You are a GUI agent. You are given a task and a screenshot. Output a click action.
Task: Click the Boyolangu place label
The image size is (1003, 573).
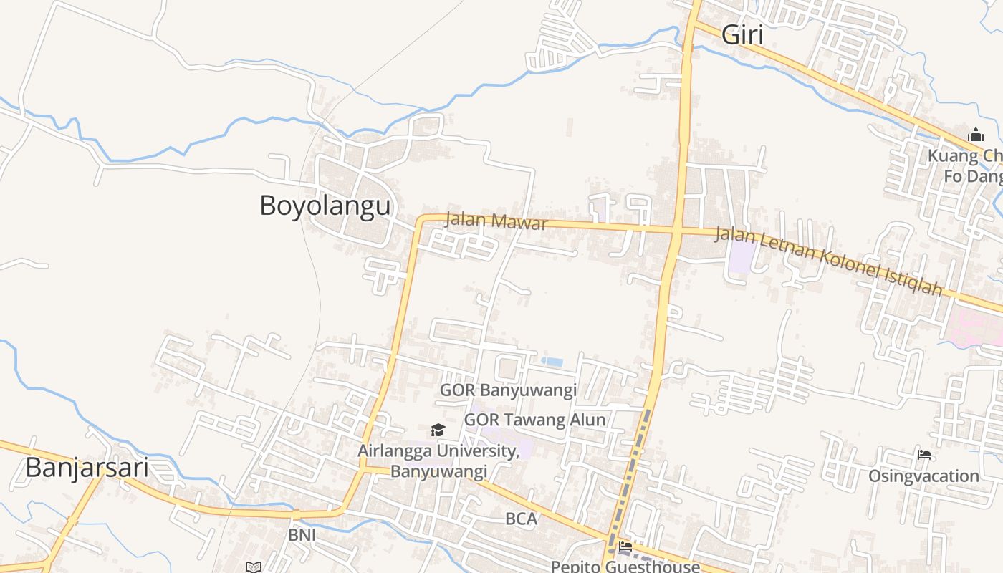click(325, 206)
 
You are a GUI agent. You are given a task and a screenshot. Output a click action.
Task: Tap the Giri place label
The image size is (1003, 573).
click(742, 34)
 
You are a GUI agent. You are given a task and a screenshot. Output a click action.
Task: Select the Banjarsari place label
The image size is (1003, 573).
click(87, 468)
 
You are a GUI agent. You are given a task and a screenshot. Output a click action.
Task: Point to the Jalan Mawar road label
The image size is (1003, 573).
click(496, 220)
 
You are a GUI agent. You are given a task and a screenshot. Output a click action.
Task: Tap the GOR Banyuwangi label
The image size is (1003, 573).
click(508, 390)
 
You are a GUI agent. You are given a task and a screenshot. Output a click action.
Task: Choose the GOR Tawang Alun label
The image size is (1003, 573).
click(534, 420)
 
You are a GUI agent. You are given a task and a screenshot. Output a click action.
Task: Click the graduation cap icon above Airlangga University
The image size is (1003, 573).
click(438, 430)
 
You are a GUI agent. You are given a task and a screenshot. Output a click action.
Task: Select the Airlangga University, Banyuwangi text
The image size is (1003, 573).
click(438, 461)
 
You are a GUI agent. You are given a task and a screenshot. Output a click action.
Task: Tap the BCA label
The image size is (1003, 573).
click(521, 519)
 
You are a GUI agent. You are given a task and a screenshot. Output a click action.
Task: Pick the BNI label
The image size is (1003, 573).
click(302, 535)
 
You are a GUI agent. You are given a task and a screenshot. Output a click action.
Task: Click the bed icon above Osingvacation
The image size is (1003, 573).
click(923, 454)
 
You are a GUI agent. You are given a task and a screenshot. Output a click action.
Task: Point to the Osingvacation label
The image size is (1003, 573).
click(923, 476)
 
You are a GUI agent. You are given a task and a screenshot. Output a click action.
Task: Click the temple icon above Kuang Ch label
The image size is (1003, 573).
click(975, 135)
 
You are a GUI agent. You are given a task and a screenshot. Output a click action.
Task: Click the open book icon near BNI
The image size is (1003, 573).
click(253, 567)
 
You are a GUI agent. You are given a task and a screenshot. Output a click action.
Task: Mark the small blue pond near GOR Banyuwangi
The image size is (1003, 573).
click(552, 362)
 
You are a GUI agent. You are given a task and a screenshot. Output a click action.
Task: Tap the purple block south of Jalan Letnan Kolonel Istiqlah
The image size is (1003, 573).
click(742, 259)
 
